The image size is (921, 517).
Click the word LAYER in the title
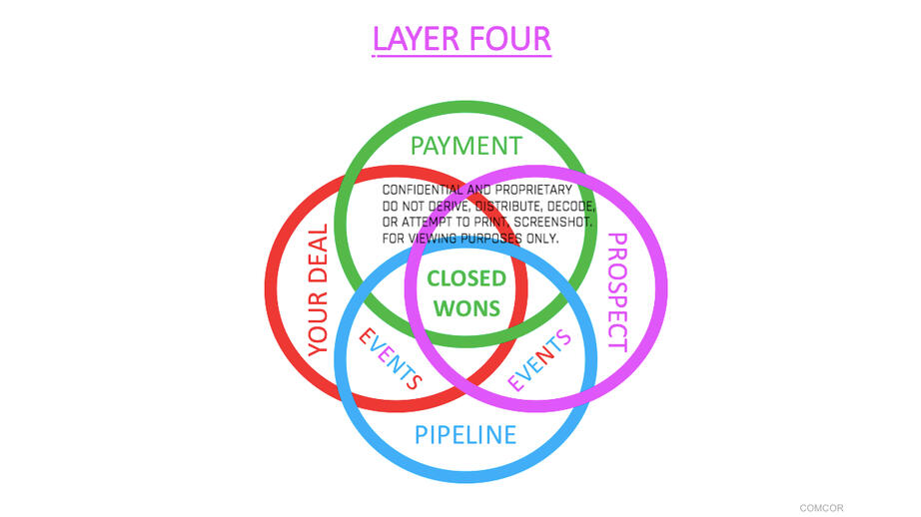(x=416, y=39)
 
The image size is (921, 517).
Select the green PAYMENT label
(x=465, y=146)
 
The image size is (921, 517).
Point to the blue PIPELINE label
(x=465, y=435)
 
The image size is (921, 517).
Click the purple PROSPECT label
(x=617, y=291)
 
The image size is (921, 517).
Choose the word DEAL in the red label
(x=318, y=255)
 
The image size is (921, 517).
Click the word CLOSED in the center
(x=466, y=278)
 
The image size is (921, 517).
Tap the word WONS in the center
(x=466, y=308)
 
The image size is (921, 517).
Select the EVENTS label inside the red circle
(x=391, y=358)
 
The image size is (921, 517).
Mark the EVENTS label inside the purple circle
(x=539, y=359)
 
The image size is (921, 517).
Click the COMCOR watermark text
(x=821, y=508)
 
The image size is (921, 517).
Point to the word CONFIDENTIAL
(x=423, y=190)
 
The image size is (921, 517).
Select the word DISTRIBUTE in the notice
(x=508, y=207)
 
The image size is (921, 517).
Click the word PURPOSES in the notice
(x=491, y=239)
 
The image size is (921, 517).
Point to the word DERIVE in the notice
(x=449, y=207)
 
